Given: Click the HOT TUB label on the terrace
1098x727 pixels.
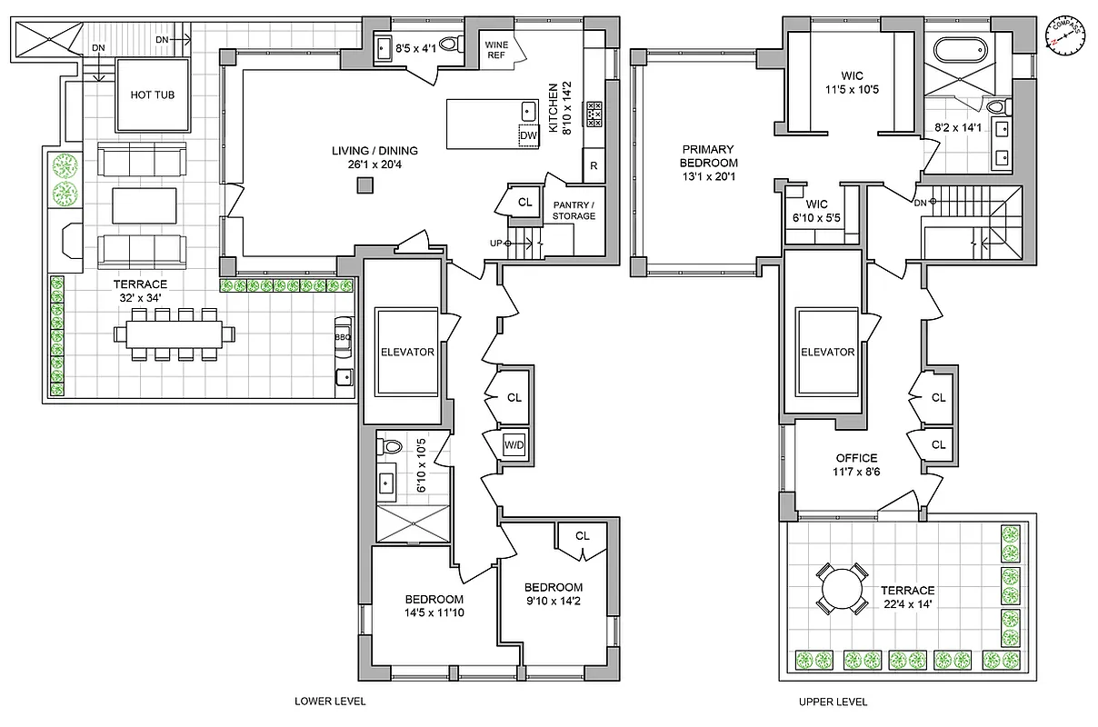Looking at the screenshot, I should click(x=152, y=95).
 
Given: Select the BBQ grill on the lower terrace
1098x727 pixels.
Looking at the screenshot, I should click(x=343, y=337).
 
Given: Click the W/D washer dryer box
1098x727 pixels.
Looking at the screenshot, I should click(x=514, y=444).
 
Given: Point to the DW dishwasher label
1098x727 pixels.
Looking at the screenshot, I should click(x=528, y=136).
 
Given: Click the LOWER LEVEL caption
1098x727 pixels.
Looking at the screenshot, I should click(x=330, y=702).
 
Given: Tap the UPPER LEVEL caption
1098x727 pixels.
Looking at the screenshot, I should click(x=832, y=702).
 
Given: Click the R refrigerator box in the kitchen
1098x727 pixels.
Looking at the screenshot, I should click(x=594, y=165).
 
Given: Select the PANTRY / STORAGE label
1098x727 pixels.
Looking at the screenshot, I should click(x=574, y=210).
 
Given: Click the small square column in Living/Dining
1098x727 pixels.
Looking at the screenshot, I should click(x=364, y=185).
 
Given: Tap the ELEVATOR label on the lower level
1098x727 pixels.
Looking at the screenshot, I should click(x=408, y=352).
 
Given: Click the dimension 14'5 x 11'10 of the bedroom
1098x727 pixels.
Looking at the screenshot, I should click(x=434, y=613).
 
